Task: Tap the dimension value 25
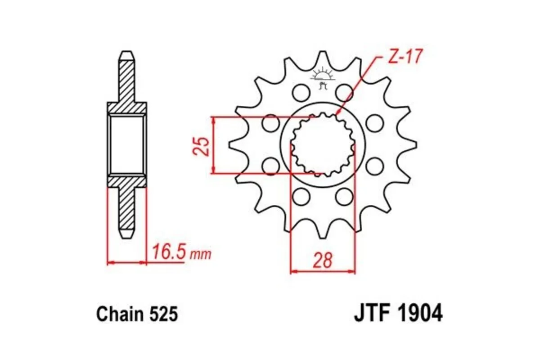(202, 145)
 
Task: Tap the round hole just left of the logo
(300, 93)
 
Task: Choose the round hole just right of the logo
(344, 93)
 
